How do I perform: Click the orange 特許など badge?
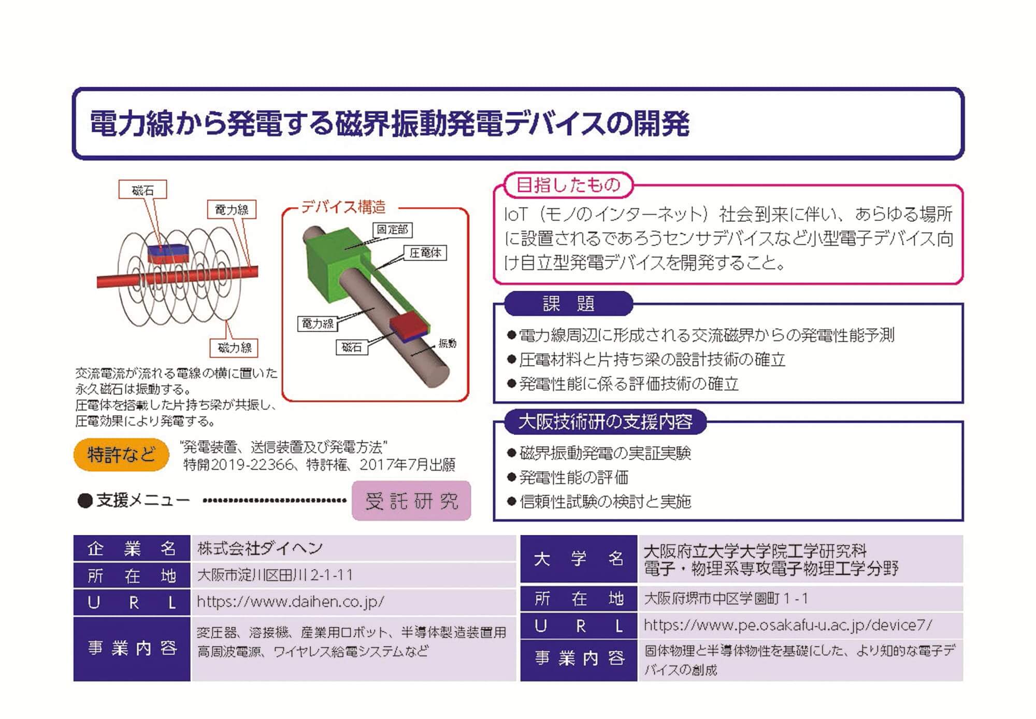[x=121, y=455]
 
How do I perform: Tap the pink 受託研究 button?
[x=411, y=501]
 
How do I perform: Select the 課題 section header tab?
[x=568, y=303]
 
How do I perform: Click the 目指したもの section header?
[x=568, y=185]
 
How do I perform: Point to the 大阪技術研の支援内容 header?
[x=605, y=421]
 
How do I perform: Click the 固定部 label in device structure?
[x=392, y=230]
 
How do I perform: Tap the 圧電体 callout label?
[x=425, y=253]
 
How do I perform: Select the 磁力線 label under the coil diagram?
[x=234, y=347]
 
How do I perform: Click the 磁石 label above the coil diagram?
[x=142, y=190]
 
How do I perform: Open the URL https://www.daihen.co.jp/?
[x=291, y=602]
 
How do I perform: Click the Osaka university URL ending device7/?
[x=787, y=625]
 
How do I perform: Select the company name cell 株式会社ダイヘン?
[x=260, y=548]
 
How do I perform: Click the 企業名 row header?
[x=132, y=548]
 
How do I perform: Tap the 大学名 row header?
[x=579, y=559]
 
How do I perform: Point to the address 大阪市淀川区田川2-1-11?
[x=275, y=575]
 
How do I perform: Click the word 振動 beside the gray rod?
[x=447, y=343]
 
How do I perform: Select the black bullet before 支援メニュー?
[x=84, y=501]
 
